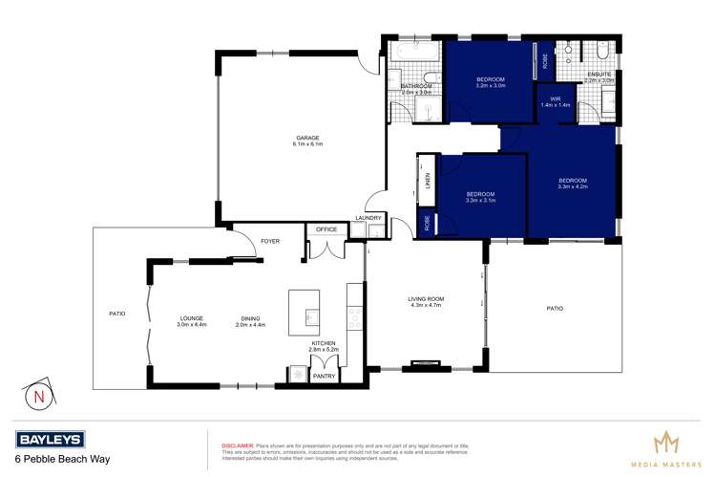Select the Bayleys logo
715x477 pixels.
tap(50, 439)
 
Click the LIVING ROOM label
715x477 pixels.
tap(428, 300)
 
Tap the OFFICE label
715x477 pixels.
tap(327, 229)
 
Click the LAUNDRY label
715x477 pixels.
tap(368, 219)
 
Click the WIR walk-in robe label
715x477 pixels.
tap(551, 100)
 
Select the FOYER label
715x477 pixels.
tap(269, 241)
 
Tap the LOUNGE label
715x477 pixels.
tap(192, 320)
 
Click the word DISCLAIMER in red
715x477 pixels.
tap(237, 445)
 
